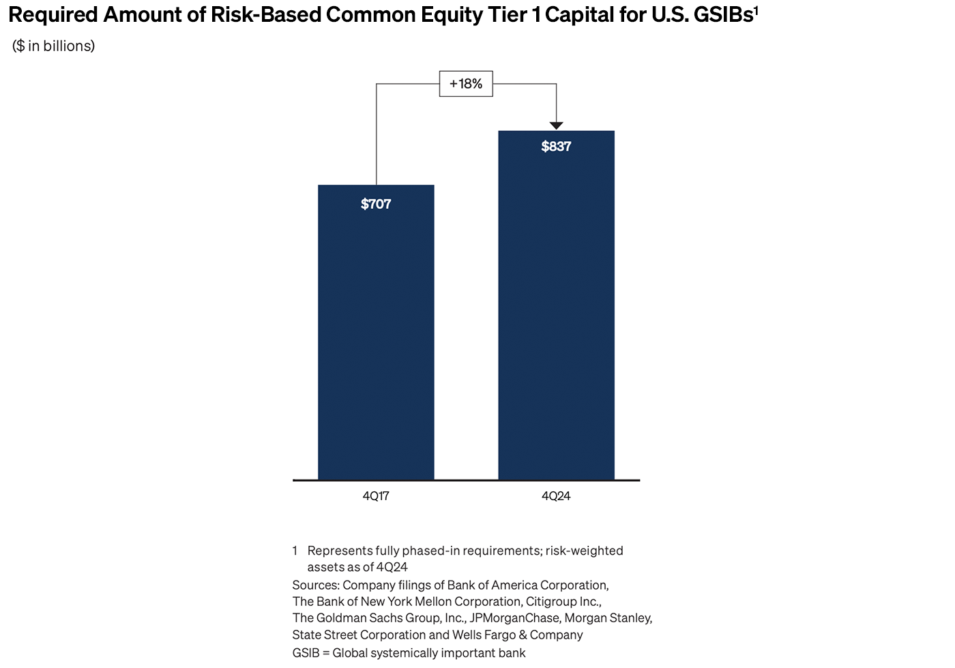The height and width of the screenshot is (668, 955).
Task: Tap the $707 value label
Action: tap(376, 204)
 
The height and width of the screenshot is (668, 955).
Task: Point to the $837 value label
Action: tap(556, 146)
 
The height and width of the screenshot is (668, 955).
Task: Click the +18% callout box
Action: tap(466, 84)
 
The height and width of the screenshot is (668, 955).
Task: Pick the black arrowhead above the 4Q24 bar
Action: tap(556, 125)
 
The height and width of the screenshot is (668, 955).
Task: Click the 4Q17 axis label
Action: tap(376, 496)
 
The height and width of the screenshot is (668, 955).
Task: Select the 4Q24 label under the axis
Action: tap(556, 496)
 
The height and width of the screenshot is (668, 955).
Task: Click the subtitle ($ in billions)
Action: tap(53, 46)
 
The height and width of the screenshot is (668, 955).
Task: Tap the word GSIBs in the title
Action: tap(722, 15)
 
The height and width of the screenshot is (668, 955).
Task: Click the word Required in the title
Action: tap(53, 15)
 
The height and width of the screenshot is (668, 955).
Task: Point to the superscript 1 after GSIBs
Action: tap(756, 10)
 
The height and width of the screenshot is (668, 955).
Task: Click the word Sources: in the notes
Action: tap(316, 585)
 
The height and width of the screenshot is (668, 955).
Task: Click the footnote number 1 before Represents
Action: tap(295, 551)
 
